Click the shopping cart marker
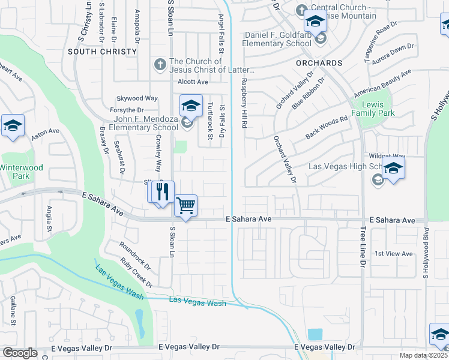click(186, 206)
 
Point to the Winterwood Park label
click(22, 172)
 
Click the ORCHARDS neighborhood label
click(319, 63)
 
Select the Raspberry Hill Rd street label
click(244, 103)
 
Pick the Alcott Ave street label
click(193, 82)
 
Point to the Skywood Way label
click(137, 98)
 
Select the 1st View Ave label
click(393, 254)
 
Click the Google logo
click(20, 353)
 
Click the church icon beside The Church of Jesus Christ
click(160, 64)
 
